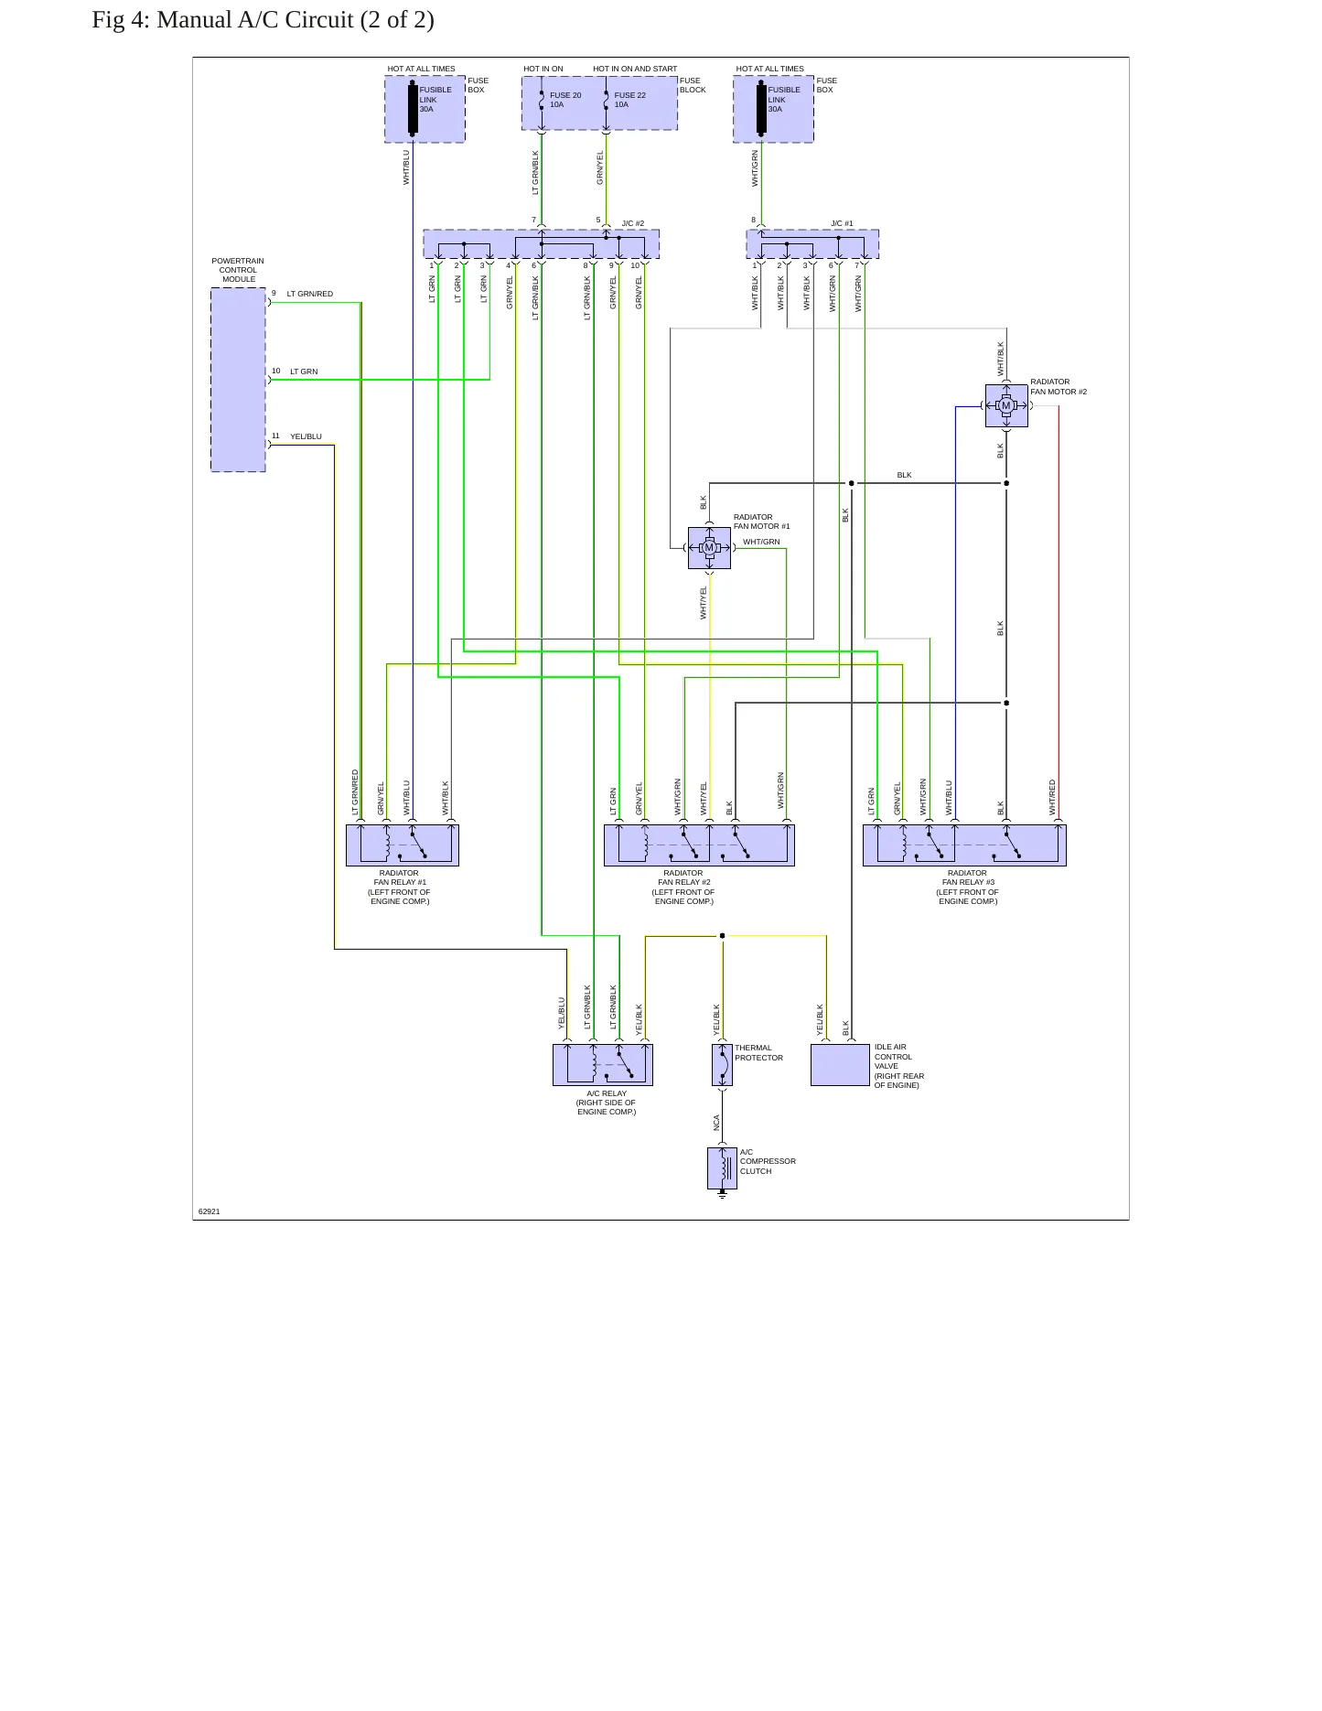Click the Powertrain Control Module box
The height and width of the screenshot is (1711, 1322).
[238, 380]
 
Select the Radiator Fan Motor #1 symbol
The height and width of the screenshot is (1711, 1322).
[709, 548]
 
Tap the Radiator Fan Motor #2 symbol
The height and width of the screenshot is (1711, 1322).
[1006, 405]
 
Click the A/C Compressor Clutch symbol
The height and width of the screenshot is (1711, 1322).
[722, 1168]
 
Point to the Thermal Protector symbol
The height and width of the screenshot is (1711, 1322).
[722, 1065]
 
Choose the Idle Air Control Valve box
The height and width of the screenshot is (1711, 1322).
[840, 1065]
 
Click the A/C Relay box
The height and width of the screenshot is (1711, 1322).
[603, 1065]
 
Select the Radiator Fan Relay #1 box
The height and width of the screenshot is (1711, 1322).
[403, 845]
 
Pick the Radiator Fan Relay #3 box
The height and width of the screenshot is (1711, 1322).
[964, 845]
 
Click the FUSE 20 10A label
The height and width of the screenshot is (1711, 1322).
[565, 100]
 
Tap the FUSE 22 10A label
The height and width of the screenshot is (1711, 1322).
[630, 100]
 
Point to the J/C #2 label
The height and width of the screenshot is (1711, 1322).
[633, 223]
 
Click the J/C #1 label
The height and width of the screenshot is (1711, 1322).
[842, 223]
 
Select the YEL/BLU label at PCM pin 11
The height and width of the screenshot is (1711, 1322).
[306, 436]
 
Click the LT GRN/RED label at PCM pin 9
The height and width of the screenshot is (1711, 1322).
[310, 294]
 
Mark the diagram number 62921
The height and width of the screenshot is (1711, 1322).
[210, 1211]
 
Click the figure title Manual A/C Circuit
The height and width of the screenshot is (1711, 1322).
[296, 20]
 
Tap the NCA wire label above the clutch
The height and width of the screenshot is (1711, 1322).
[716, 1123]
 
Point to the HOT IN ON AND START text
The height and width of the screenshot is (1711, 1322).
[635, 69]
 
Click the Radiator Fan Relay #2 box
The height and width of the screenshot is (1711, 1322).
[699, 845]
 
